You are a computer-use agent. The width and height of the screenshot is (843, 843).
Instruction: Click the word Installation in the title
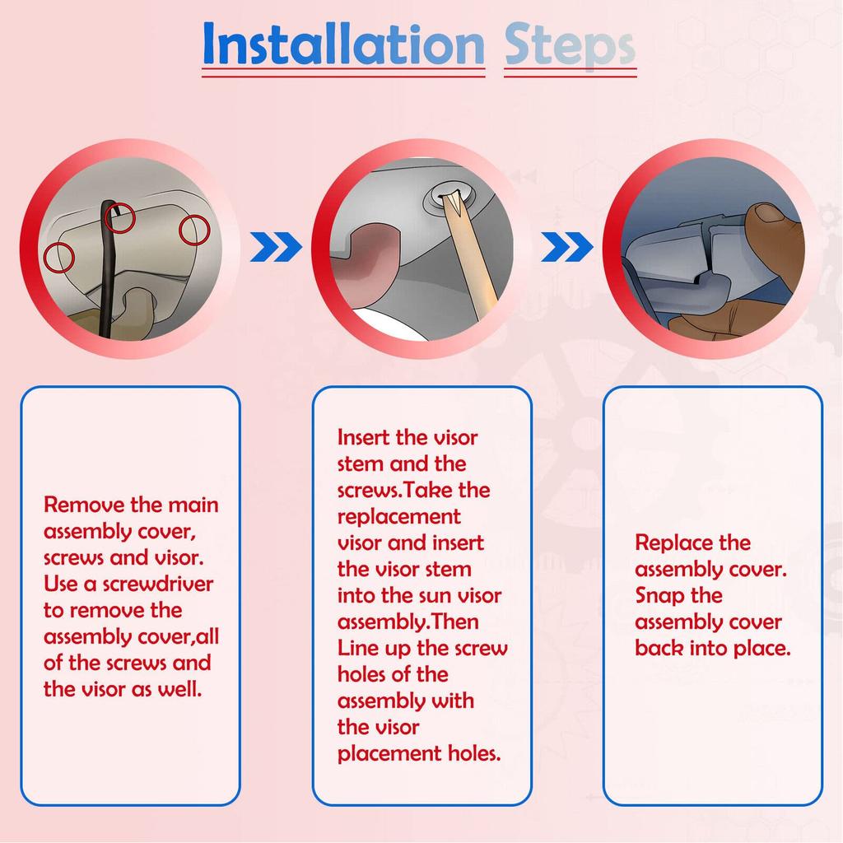point(343,44)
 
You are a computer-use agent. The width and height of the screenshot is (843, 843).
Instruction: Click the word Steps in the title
point(570,45)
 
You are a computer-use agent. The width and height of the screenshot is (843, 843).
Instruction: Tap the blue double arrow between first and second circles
point(277,247)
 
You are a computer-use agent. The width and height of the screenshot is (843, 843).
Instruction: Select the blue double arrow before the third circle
point(567,247)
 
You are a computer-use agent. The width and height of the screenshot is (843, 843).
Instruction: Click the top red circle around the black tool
point(119,217)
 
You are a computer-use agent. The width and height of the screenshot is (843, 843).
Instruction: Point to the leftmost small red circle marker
point(58,257)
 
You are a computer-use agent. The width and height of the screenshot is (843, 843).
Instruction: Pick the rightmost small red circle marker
point(194,231)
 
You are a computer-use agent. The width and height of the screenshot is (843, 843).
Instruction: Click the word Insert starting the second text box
point(363,438)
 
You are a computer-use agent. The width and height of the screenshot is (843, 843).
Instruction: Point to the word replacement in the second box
point(399,517)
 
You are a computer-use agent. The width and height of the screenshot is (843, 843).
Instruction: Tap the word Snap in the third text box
point(658,596)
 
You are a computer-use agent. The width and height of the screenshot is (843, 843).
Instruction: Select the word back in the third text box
point(659,649)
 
